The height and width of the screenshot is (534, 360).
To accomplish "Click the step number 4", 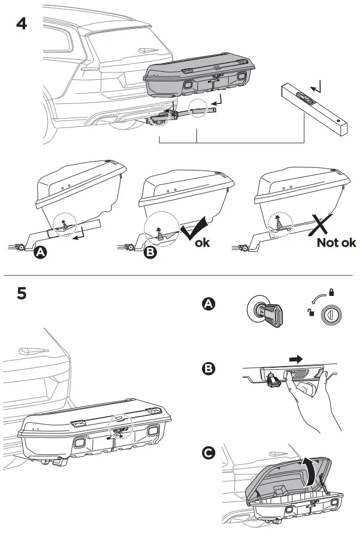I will pyautogui.click(x=22, y=24).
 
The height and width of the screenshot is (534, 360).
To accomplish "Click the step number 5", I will pyautogui.click(x=22, y=293).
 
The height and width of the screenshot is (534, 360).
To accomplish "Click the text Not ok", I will pyautogui.click(x=336, y=243).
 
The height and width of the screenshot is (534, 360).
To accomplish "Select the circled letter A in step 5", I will pyautogui.click(x=208, y=304).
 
